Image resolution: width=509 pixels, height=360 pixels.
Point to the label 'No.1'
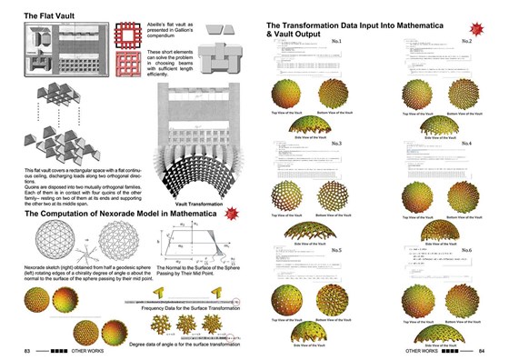tap(361, 42)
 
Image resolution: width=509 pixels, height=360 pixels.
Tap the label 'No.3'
tap(361, 144)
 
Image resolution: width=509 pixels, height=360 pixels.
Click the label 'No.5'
tap(361, 249)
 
